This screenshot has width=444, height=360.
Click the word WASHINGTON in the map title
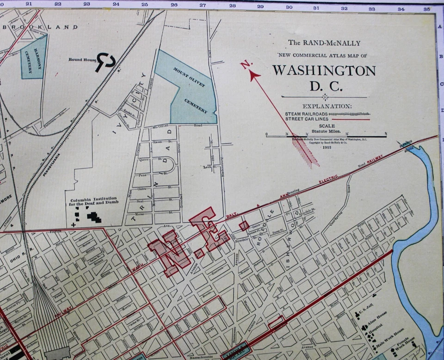pos(324,71)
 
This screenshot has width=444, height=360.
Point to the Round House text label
pos(81,60)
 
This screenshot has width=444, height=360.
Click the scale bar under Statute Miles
pos(326,137)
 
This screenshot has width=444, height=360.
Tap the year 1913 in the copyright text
pos(326,146)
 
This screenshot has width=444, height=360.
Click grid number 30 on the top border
pos(289,7)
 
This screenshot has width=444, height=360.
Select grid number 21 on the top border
pos(29,4)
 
